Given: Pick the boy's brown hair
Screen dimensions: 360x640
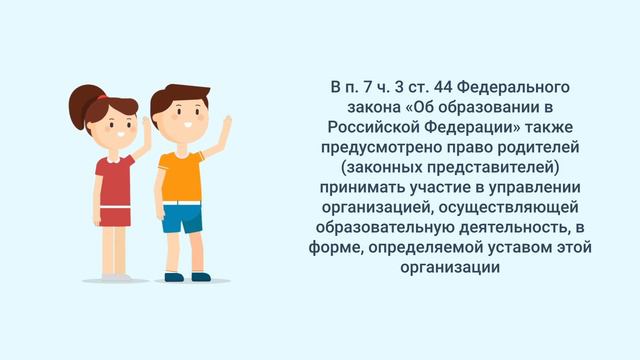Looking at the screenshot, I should [173, 98].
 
